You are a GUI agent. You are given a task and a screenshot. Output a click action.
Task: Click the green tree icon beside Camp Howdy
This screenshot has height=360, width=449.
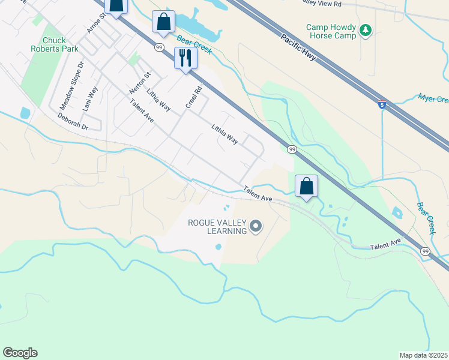(366, 29)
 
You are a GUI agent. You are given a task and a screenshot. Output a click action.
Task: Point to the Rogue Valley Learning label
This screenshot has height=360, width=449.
(217, 226)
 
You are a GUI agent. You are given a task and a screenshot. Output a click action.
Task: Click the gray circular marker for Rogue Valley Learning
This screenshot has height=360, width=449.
(256, 226)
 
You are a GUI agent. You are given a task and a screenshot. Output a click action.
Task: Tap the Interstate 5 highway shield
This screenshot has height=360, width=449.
(382, 104)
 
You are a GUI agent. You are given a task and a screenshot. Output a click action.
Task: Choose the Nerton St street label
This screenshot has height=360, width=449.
(140, 82)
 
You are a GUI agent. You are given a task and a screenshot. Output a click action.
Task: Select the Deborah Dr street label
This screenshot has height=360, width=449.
(73, 122)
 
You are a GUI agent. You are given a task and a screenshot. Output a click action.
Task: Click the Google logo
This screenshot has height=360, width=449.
(20, 353)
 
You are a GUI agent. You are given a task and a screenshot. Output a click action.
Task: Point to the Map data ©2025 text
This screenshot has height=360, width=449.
(423, 355)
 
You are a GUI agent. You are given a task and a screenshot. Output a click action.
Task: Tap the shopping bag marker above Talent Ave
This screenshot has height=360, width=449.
(306, 187)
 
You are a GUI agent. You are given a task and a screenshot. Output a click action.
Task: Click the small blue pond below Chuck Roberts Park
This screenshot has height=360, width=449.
(25, 112)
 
